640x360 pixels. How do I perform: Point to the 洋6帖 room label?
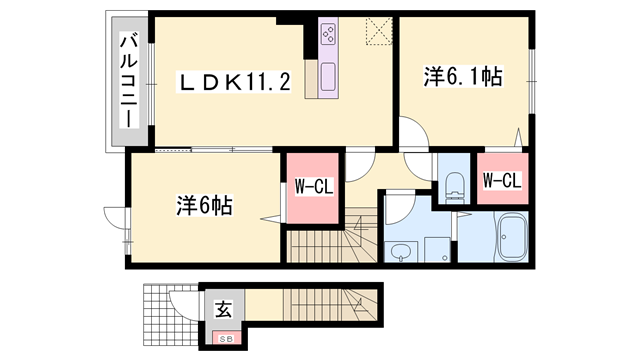(x=205, y=206)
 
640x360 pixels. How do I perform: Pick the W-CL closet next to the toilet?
(x=500, y=181)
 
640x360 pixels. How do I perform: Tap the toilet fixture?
(x=454, y=184)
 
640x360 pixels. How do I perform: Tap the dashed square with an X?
(x=378, y=33)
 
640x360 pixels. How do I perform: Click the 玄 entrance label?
(x=222, y=309)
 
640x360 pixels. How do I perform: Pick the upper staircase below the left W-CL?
(x=330, y=240)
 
